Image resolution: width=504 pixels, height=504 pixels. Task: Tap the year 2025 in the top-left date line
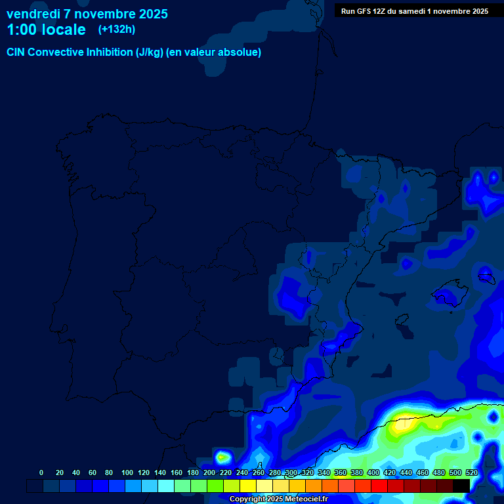point(150,14)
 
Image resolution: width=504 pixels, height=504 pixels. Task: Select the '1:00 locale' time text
point(46,30)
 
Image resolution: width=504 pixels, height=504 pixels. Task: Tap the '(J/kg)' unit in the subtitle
point(150,52)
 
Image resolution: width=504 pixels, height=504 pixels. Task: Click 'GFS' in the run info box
point(366,11)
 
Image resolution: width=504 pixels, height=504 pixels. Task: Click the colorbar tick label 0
point(41,472)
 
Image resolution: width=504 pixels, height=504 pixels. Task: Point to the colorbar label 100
point(127,472)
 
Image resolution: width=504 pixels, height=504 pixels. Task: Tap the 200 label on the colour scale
point(209,472)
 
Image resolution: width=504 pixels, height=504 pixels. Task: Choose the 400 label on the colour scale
point(373,472)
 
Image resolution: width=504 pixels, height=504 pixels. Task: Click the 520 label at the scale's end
point(471,472)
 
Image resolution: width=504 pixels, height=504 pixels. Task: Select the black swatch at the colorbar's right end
point(461,486)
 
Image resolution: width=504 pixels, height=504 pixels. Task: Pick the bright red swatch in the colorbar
point(379,486)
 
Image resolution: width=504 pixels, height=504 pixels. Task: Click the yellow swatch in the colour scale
point(248,486)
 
